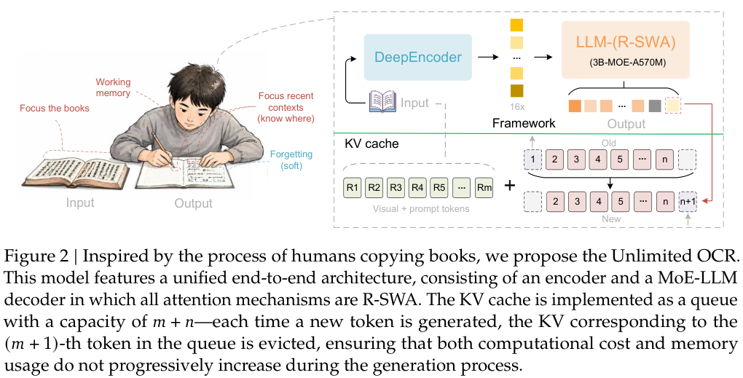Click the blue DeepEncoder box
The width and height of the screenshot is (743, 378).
pyautogui.click(x=417, y=58)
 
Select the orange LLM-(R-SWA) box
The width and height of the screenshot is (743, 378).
pyautogui.click(x=626, y=50)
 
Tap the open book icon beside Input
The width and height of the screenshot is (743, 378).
pyautogui.click(x=383, y=102)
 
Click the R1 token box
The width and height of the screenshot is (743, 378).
pyautogui.click(x=353, y=188)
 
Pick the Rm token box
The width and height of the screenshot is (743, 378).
pyautogui.click(x=484, y=188)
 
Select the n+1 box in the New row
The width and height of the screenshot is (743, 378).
pyautogui.click(x=688, y=202)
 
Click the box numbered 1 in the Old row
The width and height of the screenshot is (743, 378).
pyautogui.click(x=532, y=160)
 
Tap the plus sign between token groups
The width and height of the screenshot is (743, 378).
pyautogui.click(x=509, y=185)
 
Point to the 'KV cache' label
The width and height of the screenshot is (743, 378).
pyautogui.click(x=371, y=143)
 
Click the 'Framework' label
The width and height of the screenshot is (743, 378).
pyautogui.click(x=524, y=124)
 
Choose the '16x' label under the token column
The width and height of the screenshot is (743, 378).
pyautogui.click(x=517, y=107)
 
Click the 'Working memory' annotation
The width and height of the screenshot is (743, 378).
pyautogui.click(x=113, y=87)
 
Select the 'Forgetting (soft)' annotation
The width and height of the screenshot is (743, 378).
pyautogui.click(x=291, y=160)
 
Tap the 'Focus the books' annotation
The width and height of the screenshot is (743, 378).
pyautogui.click(x=55, y=109)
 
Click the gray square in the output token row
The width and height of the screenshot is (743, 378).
pyautogui.click(x=655, y=106)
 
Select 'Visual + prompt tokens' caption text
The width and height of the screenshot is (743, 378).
pyautogui.click(x=421, y=209)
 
